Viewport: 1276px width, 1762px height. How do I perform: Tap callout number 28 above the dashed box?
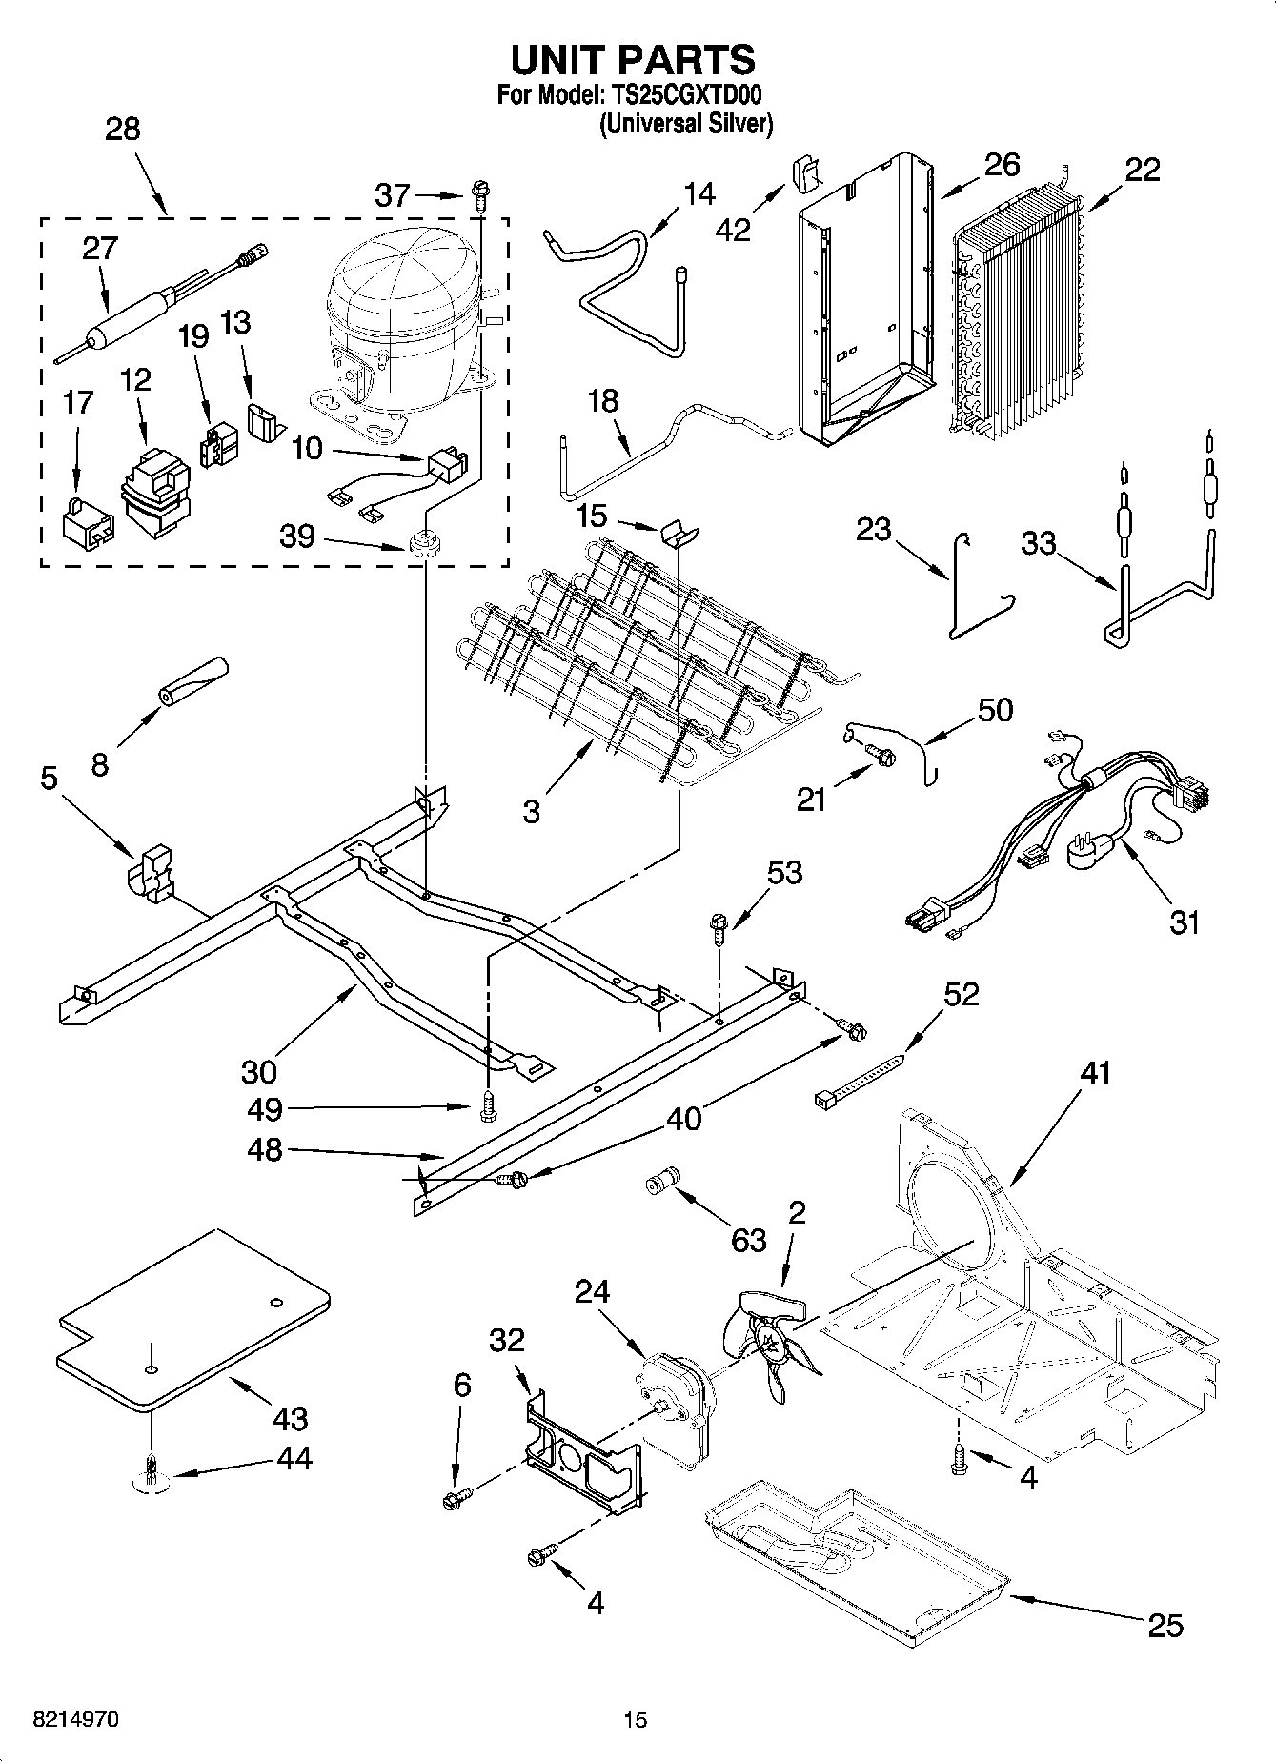point(122,129)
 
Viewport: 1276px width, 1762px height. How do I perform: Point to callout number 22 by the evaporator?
point(1142,171)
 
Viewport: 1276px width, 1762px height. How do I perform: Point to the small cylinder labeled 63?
point(659,1182)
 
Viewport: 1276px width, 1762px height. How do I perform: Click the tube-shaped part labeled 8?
point(194,679)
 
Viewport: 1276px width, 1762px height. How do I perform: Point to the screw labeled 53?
point(719,927)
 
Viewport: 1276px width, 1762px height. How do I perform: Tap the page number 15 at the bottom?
point(635,1720)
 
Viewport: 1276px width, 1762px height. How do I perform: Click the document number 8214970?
point(75,1720)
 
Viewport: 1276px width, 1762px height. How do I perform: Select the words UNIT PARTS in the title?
point(633,59)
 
